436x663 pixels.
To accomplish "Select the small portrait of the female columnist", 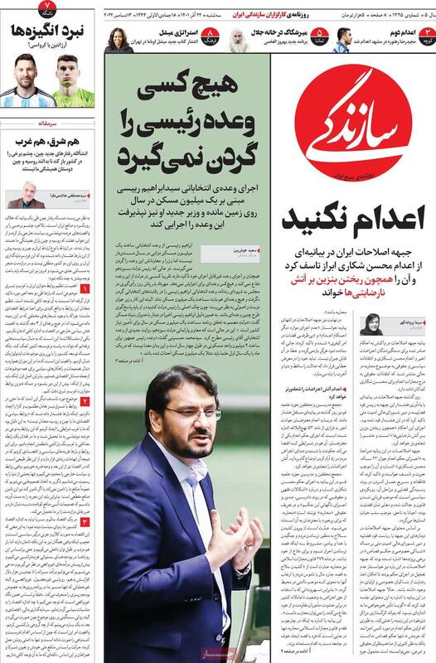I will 371,325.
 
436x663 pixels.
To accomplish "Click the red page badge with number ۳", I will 425,36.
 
